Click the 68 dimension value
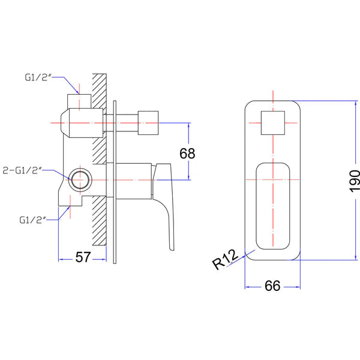tap(188, 153)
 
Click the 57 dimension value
tap(83, 257)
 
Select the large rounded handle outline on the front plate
tap(274, 205)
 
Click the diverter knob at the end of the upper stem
tap(149, 123)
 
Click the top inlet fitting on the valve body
tap(79, 101)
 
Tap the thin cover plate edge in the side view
tap(113, 180)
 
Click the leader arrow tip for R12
tap(247, 253)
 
